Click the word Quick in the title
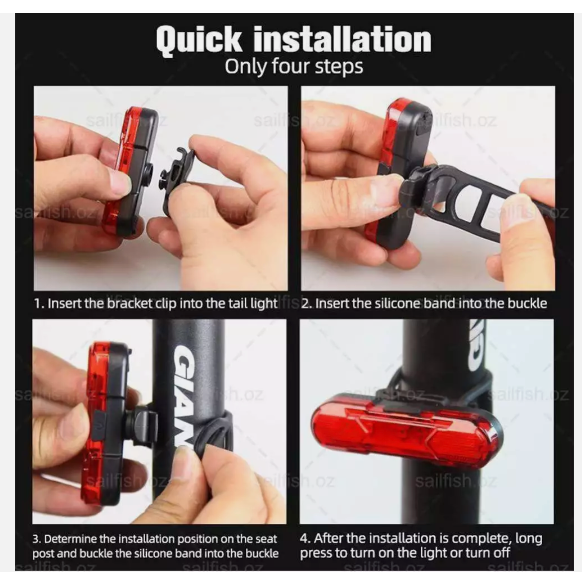199,40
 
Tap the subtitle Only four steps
293,67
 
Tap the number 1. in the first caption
39,303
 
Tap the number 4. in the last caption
305,539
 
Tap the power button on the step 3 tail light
99,425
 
